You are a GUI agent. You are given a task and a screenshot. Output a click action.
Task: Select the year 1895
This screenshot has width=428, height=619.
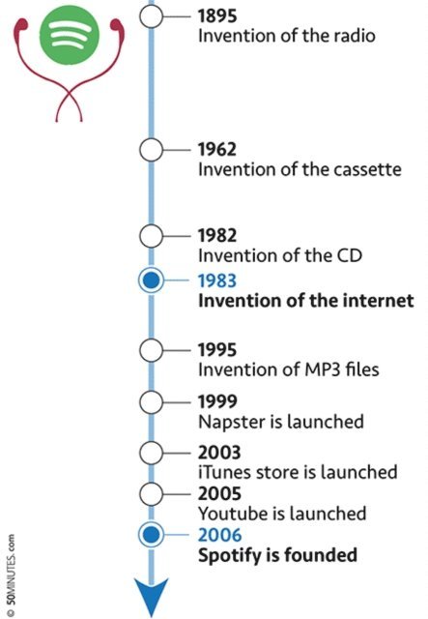point(217,15)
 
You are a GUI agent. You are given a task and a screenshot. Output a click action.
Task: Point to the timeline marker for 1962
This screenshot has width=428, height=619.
point(151,150)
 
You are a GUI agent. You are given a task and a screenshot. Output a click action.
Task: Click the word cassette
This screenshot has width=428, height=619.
point(368,169)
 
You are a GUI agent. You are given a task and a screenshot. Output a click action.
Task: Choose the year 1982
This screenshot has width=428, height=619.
point(217,235)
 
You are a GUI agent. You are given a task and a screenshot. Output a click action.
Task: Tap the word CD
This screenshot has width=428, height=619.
point(349,255)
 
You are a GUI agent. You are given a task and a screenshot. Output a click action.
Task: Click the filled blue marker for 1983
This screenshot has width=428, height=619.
point(151,280)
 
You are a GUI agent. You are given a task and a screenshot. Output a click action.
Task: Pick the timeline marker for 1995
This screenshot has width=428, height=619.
point(151,350)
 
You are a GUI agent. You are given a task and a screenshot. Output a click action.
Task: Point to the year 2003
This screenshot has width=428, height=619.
point(219,453)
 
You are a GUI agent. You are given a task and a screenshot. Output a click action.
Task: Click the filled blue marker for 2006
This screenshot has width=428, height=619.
point(151,535)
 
